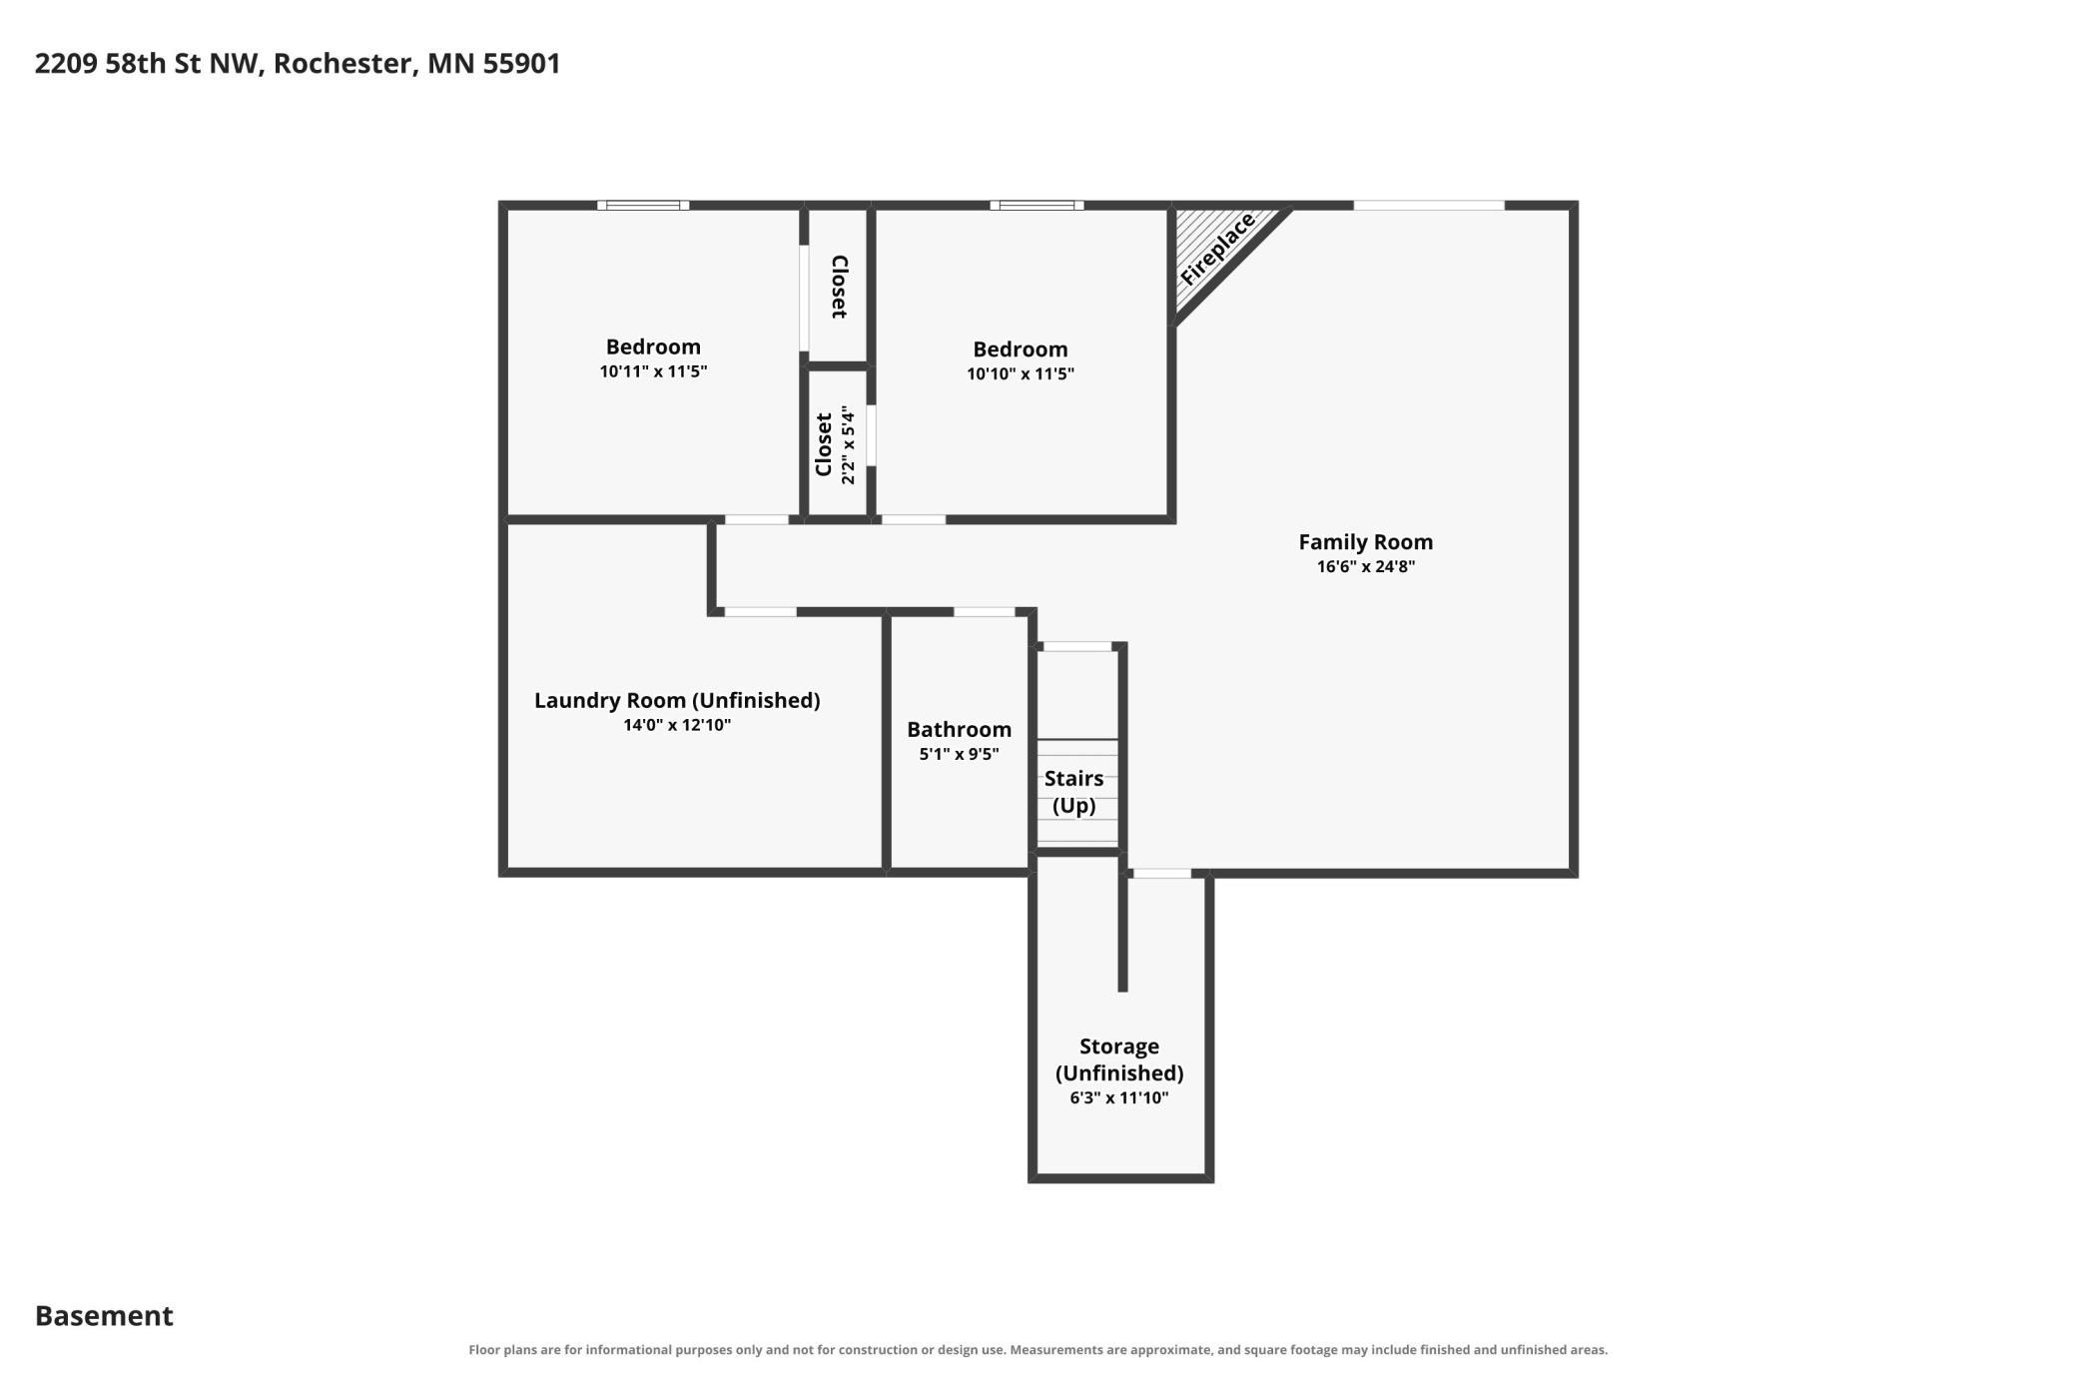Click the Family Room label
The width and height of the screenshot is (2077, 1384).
(x=1365, y=542)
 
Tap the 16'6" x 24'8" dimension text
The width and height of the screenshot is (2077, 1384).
(x=1365, y=567)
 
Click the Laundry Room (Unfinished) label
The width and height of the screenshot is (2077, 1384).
(x=677, y=701)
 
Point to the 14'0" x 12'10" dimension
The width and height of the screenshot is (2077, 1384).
(x=677, y=725)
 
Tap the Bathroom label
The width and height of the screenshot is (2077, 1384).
(x=959, y=730)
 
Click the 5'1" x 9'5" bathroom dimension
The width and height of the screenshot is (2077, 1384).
(x=959, y=754)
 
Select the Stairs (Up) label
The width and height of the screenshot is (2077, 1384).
(x=1074, y=792)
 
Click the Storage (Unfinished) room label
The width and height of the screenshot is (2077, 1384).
(x=1119, y=1059)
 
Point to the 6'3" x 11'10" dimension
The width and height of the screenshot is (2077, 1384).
(x=1119, y=1098)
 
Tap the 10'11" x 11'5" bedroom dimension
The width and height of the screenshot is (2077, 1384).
(x=653, y=371)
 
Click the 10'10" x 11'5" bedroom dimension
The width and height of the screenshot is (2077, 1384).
(x=1021, y=374)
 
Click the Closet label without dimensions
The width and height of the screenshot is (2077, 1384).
(x=840, y=288)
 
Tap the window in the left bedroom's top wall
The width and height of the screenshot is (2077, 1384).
(x=643, y=206)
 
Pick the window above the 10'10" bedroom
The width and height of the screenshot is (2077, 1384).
(x=1037, y=206)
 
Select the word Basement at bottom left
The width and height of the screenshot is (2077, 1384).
(x=104, y=1316)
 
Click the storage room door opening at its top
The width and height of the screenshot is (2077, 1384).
(x=1162, y=874)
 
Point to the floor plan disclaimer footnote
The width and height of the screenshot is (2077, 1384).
(x=1038, y=1350)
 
